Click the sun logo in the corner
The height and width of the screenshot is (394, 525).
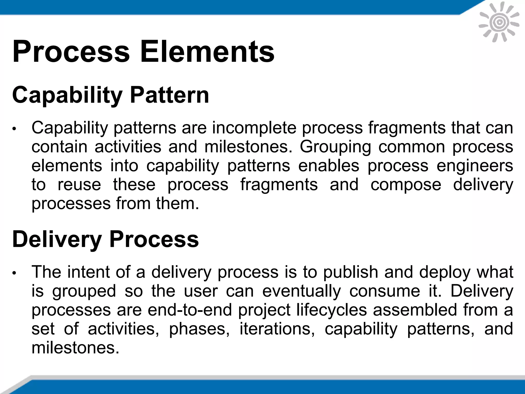(x=499, y=23)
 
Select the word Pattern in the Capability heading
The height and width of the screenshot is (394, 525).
(x=169, y=95)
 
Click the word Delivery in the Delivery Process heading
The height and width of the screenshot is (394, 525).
(x=57, y=239)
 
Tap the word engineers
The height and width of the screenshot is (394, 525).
(x=475, y=166)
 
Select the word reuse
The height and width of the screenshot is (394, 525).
(x=79, y=185)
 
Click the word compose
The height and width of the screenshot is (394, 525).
(x=406, y=185)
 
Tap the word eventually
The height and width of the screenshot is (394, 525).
(x=301, y=291)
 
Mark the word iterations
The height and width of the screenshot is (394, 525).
(x=277, y=329)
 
